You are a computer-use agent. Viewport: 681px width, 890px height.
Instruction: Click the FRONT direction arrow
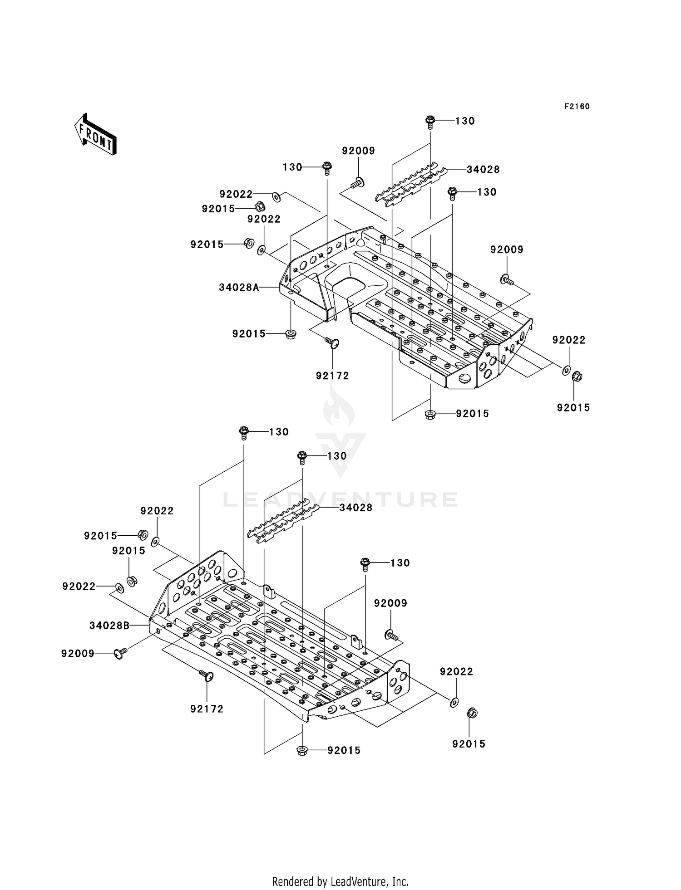[96, 135]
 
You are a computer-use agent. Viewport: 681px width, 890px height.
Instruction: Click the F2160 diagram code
[577, 107]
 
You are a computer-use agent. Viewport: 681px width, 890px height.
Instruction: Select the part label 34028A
[239, 287]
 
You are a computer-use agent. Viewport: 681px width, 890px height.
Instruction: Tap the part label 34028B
[109, 626]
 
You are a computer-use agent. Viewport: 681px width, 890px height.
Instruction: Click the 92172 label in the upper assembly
[332, 376]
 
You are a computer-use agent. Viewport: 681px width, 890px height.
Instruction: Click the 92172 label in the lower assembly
[207, 709]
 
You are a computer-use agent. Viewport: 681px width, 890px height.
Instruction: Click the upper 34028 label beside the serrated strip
[483, 170]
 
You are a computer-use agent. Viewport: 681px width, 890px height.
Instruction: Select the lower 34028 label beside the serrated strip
[356, 508]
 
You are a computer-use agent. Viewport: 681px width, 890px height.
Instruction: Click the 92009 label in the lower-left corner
[78, 653]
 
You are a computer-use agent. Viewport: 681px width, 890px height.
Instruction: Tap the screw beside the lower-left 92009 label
[120, 653]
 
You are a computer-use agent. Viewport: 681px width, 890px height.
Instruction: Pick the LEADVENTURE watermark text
[340, 499]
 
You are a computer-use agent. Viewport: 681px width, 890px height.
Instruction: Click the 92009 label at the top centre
[358, 151]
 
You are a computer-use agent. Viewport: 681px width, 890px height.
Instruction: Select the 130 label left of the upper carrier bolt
[292, 167]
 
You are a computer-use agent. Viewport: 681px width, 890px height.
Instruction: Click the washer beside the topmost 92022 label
[276, 197]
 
